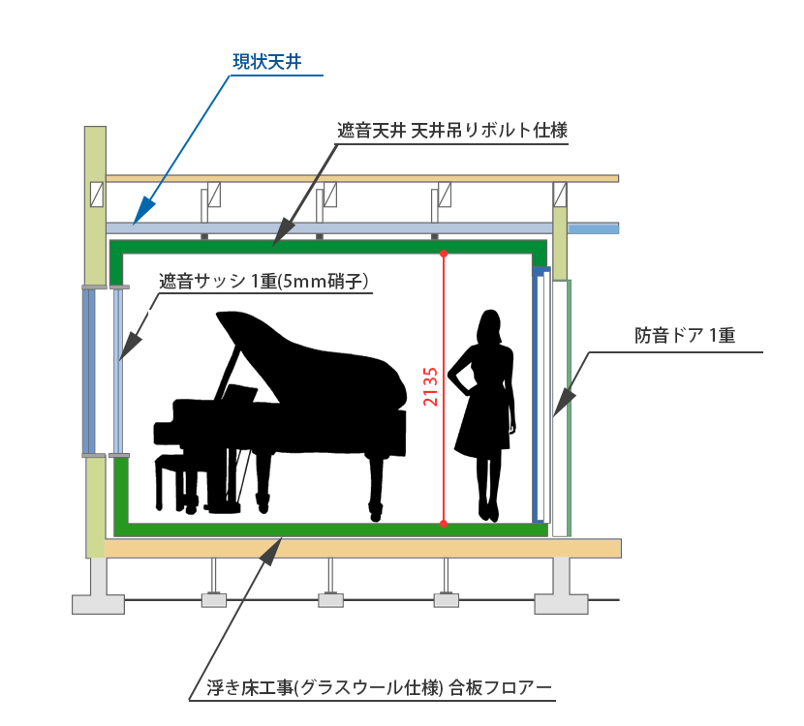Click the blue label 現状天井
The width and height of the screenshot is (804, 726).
[x=266, y=63]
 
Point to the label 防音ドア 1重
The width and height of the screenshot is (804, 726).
[x=685, y=337]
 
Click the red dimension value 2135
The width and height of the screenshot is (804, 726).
[x=431, y=387]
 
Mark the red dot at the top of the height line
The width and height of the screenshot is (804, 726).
[x=443, y=254]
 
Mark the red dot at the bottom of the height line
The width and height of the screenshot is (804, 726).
[x=443, y=524]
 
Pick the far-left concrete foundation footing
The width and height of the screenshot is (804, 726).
[x=99, y=592]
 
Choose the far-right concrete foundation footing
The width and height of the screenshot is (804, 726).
[x=561, y=592]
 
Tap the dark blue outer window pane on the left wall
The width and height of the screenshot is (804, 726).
[x=88, y=373]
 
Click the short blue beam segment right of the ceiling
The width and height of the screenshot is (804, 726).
[x=593, y=229]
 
